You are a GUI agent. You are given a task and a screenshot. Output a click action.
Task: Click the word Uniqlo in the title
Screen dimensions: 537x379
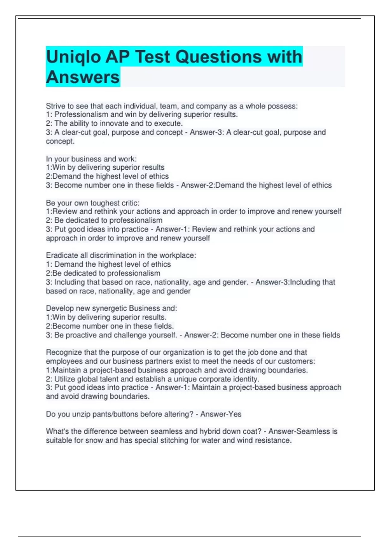tap(74, 57)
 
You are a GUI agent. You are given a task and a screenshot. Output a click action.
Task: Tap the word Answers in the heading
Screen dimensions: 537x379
tap(83, 77)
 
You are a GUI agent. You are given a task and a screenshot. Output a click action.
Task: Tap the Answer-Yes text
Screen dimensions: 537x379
tap(221, 414)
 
